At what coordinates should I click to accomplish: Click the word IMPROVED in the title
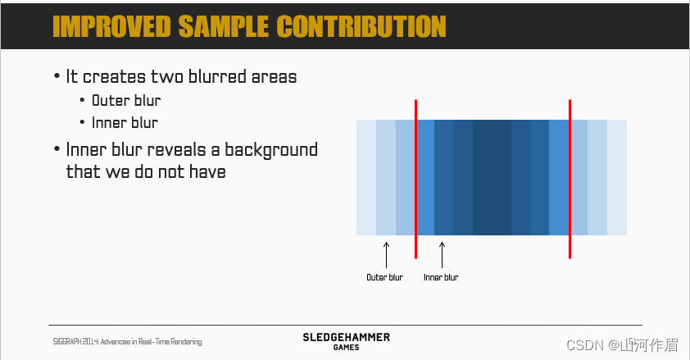111,26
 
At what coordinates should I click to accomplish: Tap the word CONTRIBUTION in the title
361,26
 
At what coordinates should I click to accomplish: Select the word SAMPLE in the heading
224,26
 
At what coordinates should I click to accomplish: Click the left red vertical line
415,179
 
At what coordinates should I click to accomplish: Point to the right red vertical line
570,179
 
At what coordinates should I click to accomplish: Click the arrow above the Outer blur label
386,255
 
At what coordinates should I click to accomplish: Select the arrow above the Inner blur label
443,255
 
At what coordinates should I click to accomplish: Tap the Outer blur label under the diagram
384,277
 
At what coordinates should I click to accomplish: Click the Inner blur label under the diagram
441,277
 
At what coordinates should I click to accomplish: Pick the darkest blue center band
492,177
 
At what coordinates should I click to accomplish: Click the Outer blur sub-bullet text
126,101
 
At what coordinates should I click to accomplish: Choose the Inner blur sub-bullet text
125,123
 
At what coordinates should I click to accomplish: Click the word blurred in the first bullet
217,76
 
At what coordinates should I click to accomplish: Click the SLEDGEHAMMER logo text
347,338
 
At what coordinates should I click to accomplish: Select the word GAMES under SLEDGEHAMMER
347,347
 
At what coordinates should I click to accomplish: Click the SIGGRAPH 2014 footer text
127,341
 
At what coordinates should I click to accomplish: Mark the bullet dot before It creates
57,76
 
